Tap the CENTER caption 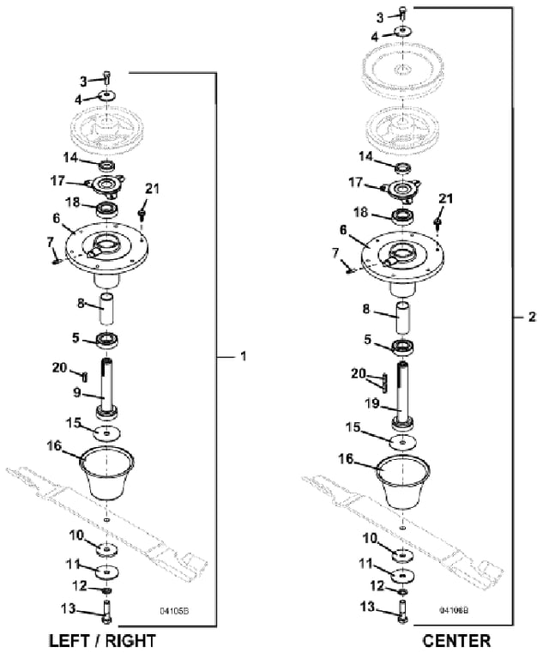(456, 641)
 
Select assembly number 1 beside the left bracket (242, 356)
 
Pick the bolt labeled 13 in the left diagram (106, 613)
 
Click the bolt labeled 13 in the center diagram (401, 613)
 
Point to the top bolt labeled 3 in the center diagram (402, 13)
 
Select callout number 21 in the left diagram (152, 188)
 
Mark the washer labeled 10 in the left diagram (107, 550)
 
